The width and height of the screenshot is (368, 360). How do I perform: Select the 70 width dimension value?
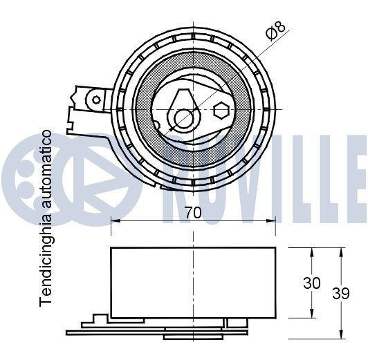[193, 214]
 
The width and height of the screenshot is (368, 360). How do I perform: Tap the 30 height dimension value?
[313, 283]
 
